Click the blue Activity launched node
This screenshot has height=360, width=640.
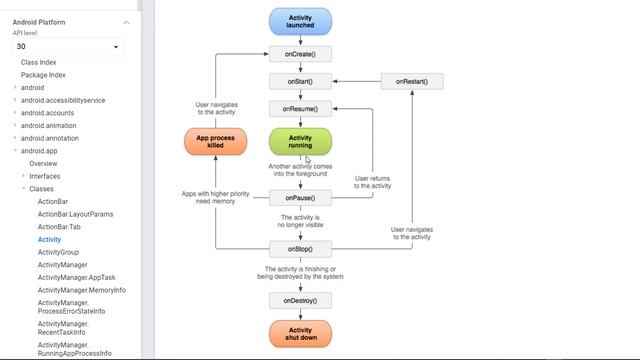tap(300, 22)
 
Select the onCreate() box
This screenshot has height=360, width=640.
tap(300, 54)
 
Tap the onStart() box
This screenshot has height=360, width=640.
tap(300, 81)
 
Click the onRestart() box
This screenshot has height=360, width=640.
tap(411, 81)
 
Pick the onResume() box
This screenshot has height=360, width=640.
tap(300, 108)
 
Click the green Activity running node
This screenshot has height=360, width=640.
tap(300, 141)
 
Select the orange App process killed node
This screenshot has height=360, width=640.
tap(215, 141)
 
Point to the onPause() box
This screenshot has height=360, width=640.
tap(300, 198)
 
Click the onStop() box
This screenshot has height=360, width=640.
tap(300, 248)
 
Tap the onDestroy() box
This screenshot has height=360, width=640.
tap(300, 300)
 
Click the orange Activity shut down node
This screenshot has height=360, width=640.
tap(300, 334)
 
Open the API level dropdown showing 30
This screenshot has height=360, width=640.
tap(68, 47)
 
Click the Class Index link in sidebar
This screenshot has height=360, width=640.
tap(39, 62)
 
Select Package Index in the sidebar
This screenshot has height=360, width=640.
tap(43, 75)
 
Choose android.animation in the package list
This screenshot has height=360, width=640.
tap(48, 126)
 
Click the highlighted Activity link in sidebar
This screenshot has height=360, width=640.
tap(49, 240)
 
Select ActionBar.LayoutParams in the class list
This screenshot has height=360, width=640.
tap(75, 214)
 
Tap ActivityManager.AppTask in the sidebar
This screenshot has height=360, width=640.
tap(77, 278)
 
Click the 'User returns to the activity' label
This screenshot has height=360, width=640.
tap(373, 182)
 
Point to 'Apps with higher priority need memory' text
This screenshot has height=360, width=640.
tap(216, 197)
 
